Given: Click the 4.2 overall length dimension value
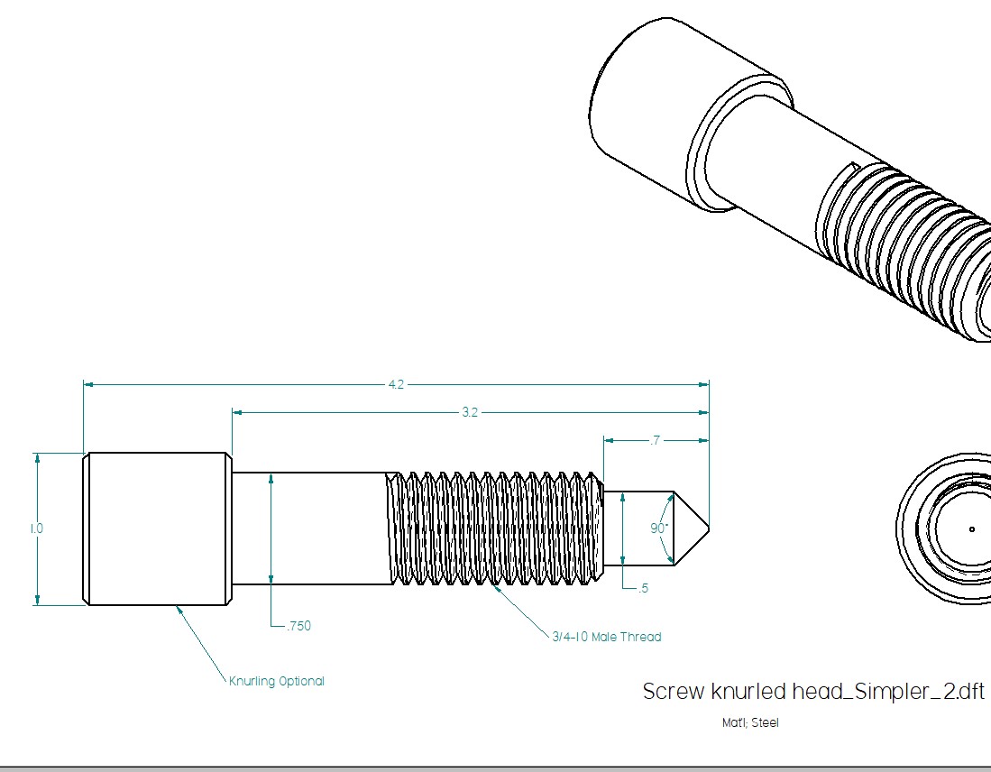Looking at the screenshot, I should click(x=396, y=384).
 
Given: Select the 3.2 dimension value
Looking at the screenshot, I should click(x=470, y=412).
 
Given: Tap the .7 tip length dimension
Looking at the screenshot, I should click(x=655, y=440).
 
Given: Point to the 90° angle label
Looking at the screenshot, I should click(x=660, y=528).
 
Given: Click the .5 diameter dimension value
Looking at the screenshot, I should click(x=643, y=589).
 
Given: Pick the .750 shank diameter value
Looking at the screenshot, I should click(x=298, y=626).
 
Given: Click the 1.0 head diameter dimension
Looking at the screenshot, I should click(x=36, y=528).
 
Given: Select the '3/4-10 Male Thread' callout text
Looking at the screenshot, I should click(x=606, y=637).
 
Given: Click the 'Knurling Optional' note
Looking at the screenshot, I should click(x=276, y=681).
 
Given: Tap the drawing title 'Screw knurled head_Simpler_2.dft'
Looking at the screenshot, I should click(x=812, y=692).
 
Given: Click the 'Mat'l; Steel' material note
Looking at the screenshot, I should click(x=749, y=722).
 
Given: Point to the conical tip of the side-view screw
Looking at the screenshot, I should click(x=690, y=528).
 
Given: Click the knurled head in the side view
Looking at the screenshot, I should click(x=156, y=528).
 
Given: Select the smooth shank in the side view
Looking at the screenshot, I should click(x=311, y=528).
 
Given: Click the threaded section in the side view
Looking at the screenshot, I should click(x=496, y=528).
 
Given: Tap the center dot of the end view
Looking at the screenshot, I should click(x=972, y=528).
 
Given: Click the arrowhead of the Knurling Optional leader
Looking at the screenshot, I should click(x=179, y=608).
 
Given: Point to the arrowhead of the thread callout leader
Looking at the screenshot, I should click(x=494, y=586).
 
